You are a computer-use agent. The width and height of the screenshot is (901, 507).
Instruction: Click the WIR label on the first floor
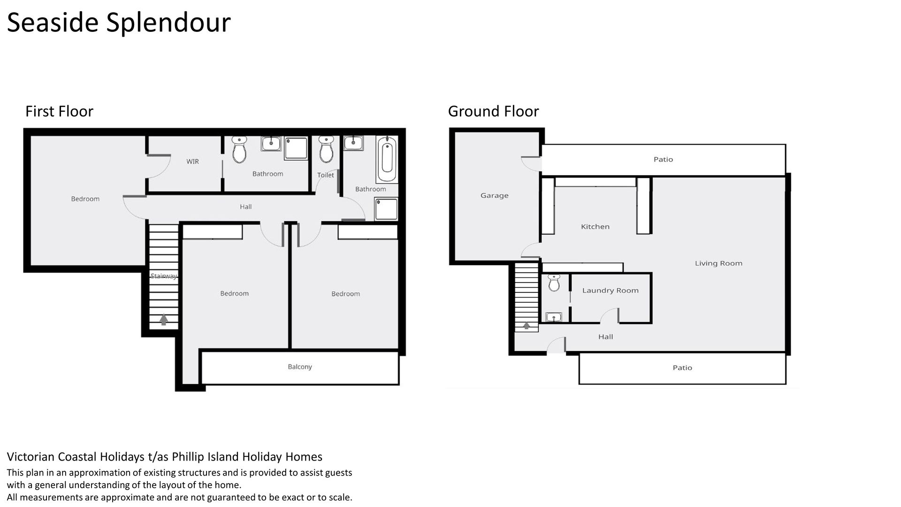(192, 161)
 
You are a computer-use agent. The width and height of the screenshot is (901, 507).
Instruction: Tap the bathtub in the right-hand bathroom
(387, 159)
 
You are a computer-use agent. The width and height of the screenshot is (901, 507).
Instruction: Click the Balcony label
(300, 367)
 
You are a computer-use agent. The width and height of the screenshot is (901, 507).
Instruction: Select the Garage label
(495, 195)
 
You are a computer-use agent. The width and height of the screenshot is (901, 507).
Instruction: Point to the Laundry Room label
(611, 291)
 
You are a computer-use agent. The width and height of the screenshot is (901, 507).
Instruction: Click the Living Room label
(718, 263)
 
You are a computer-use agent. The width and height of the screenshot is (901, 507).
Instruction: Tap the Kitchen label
(595, 227)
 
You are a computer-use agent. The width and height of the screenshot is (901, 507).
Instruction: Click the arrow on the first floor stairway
(163, 320)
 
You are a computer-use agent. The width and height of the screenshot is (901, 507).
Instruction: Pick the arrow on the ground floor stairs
(527, 325)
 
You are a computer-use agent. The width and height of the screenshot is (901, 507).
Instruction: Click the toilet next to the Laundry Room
(554, 283)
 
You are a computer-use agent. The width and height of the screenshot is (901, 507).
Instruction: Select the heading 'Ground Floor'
(493, 111)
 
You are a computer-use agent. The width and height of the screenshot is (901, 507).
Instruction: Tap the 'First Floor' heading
(59, 111)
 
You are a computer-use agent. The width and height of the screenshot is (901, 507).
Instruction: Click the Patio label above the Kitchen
(663, 160)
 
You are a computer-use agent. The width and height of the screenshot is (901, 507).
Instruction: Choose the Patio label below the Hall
(682, 368)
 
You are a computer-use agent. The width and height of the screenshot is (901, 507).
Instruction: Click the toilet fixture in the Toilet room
(326, 149)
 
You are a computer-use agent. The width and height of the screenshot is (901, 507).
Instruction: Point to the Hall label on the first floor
(246, 207)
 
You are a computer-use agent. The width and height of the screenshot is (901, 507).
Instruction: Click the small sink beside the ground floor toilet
(554, 317)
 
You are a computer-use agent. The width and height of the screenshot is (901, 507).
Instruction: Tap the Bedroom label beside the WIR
(85, 199)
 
